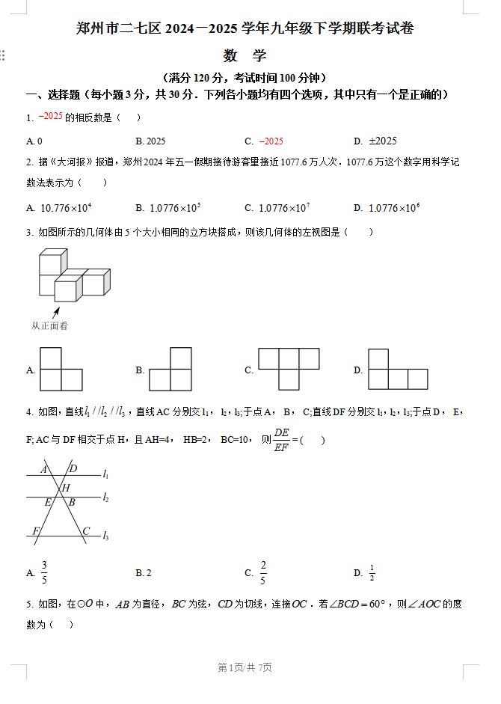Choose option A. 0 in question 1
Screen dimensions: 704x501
coord(34,141)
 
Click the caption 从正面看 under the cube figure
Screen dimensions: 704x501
coord(49,325)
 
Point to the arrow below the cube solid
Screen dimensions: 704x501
coord(55,312)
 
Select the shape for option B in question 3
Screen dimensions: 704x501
coord(170,369)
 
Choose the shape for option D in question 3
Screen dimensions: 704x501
coord(397,369)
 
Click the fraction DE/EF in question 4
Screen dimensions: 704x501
coord(281,440)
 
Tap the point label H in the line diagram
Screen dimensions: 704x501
coord(66,489)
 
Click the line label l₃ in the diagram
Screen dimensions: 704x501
coord(106,536)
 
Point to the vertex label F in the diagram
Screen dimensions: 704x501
coord(36,531)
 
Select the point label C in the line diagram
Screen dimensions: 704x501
coord(86,531)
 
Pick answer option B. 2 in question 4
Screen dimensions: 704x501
coord(144,573)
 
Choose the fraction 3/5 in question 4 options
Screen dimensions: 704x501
coord(44,573)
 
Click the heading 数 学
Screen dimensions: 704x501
coord(245,55)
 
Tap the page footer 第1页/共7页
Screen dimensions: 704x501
coord(245,667)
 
